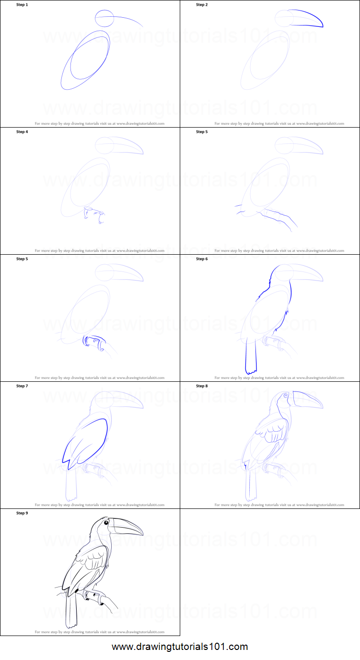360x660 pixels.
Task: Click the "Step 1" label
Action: [22, 4]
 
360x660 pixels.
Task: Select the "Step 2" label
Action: [202, 4]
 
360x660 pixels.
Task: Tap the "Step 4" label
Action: [22, 131]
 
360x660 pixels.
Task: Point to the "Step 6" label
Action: [202, 259]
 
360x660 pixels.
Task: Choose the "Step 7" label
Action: [22, 386]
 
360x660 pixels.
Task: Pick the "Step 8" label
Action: [202, 386]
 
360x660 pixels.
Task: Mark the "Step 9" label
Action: [22, 513]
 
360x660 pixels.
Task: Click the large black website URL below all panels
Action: [180, 647]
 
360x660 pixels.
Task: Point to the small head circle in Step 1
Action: [105, 19]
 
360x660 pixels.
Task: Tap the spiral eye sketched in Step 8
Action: [287, 396]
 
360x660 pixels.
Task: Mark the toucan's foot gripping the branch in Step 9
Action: [93, 596]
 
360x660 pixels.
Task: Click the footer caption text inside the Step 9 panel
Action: [100, 632]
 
